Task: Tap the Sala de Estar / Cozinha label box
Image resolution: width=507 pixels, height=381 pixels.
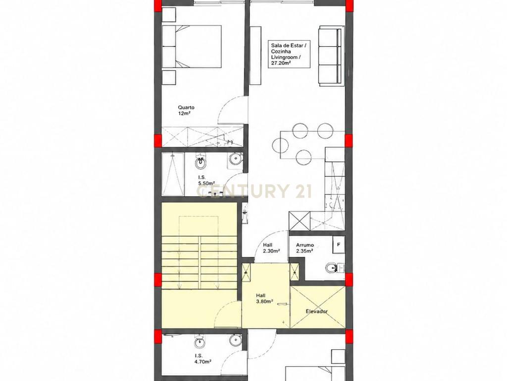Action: (x=289, y=54)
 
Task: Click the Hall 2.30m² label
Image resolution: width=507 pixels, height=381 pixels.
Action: (x=271, y=248)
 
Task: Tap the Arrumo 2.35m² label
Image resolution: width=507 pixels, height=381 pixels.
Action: (x=304, y=248)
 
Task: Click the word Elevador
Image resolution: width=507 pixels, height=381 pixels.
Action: (x=316, y=312)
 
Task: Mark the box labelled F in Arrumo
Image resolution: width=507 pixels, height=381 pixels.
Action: (x=339, y=245)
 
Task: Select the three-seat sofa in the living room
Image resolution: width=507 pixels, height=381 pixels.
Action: (x=330, y=56)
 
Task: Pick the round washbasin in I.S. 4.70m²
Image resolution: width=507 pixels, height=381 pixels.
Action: (x=235, y=341)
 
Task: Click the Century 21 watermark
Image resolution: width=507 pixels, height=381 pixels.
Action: (x=254, y=190)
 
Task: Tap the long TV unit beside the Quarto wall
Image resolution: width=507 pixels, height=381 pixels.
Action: (x=255, y=56)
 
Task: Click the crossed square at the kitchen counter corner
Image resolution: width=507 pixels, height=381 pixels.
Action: (x=300, y=221)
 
